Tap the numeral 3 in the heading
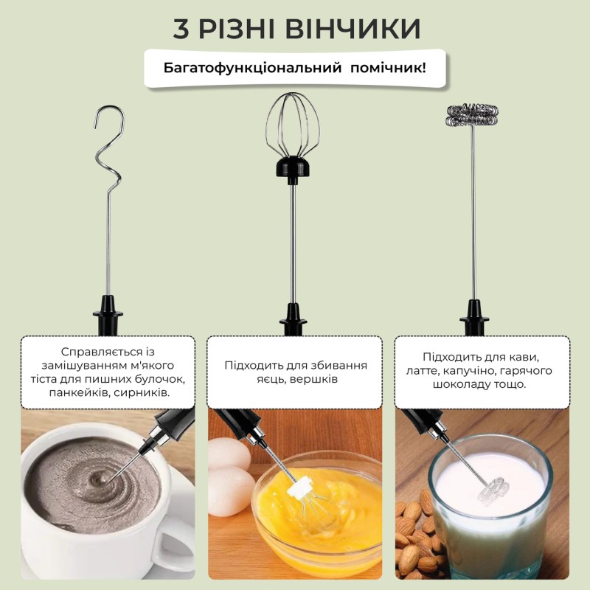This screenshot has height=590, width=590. pos(181,29)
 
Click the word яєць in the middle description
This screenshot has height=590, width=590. pos(240,379)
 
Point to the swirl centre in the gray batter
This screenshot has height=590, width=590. pos(97,483)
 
